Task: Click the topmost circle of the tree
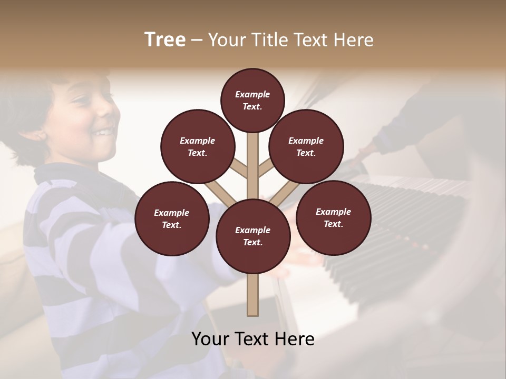[252, 100]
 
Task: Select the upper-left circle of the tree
[198, 146]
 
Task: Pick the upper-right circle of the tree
[306, 146]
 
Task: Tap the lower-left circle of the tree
[172, 218]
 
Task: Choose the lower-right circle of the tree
[333, 217]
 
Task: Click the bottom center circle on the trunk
[253, 236]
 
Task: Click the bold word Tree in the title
[165, 39]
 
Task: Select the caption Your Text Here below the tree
[253, 338]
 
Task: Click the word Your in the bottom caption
[210, 338]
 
